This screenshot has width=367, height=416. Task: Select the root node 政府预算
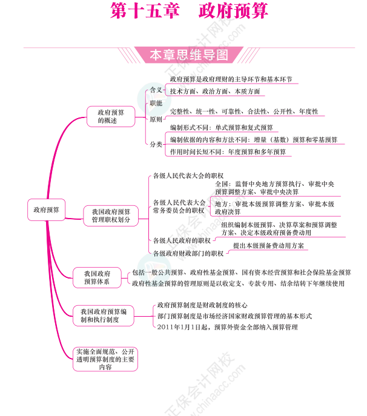click(44, 210)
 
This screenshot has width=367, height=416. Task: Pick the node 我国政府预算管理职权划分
click(111, 216)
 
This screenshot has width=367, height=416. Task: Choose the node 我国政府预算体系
click(97, 277)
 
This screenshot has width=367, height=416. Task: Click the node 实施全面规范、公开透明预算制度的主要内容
click(105, 359)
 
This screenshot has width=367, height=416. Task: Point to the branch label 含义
click(156, 90)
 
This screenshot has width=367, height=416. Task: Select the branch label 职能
click(156, 104)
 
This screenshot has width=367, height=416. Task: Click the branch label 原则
click(156, 119)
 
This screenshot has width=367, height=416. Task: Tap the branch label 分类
click(156, 144)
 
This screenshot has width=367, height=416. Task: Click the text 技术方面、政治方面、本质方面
click(214, 91)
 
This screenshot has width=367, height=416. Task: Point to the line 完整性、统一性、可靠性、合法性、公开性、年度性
click(243, 112)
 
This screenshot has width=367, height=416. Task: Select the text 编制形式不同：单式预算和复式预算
click(221, 128)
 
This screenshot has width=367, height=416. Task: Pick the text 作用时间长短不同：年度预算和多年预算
click(228, 152)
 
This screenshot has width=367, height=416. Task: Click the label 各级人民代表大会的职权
click(188, 176)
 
